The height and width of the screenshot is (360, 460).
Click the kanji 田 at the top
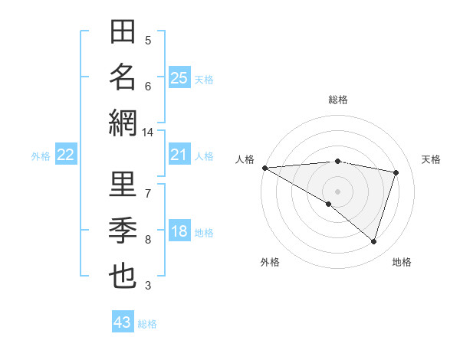123,34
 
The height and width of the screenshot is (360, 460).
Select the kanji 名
123,77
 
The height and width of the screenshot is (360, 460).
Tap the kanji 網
123,122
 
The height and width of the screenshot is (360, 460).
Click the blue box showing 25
179,77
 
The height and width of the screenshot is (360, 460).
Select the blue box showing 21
179,155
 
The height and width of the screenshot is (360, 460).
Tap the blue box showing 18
179,232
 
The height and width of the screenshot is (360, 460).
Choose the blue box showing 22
65,155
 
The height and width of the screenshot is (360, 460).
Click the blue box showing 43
123,322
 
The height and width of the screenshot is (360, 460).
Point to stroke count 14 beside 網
148,133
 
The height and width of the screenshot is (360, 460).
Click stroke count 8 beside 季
148,240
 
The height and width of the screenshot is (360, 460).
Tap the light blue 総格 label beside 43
147,324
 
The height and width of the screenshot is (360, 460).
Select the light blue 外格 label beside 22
41,156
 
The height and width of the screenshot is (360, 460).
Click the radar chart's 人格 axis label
245,159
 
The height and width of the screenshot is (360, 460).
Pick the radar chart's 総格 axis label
337,100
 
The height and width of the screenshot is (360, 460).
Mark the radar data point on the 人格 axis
264,168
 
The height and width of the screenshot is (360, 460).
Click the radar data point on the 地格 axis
373,241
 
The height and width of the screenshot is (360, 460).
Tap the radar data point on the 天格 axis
396,172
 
